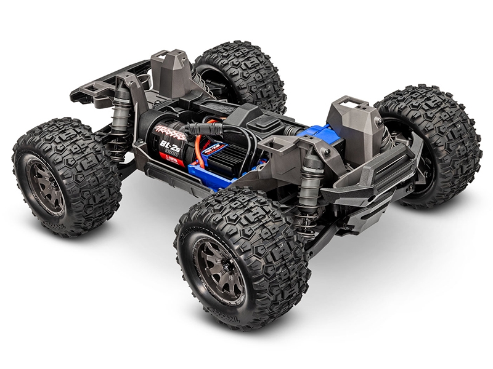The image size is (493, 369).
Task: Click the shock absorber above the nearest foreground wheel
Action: click(311, 188)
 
